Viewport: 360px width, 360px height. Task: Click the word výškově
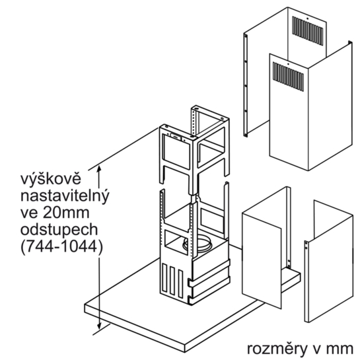pos(51,179)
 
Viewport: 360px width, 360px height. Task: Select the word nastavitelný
pos(65,197)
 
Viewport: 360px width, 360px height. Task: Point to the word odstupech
pos(59,230)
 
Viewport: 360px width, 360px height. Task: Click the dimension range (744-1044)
pos(62,247)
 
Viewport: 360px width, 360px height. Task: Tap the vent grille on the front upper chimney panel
pos(288,75)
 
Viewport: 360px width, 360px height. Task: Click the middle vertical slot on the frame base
pos(172,281)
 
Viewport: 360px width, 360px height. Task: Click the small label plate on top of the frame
pos(176,136)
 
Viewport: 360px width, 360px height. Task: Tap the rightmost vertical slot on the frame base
pos(180,285)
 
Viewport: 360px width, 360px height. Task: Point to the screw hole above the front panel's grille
pos(288,64)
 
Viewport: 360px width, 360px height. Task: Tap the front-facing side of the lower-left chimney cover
pos(262,260)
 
